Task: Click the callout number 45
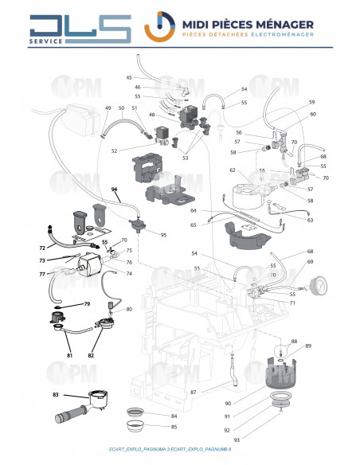click(x=129, y=77)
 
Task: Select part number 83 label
click(x=55, y=394)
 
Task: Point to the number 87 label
click(x=193, y=394)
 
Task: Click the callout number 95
click(x=163, y=235)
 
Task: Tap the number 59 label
click(x=312, y=102)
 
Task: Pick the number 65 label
click(x=194, y=225)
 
